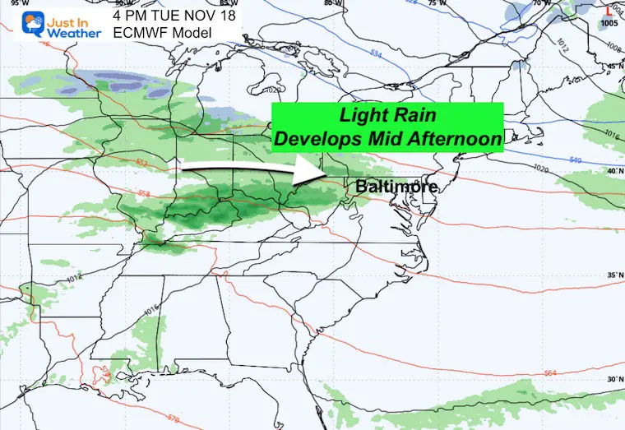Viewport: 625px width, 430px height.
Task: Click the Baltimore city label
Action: click(x=396, y=187)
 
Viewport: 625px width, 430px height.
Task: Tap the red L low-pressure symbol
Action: click(x=607, y=11)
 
